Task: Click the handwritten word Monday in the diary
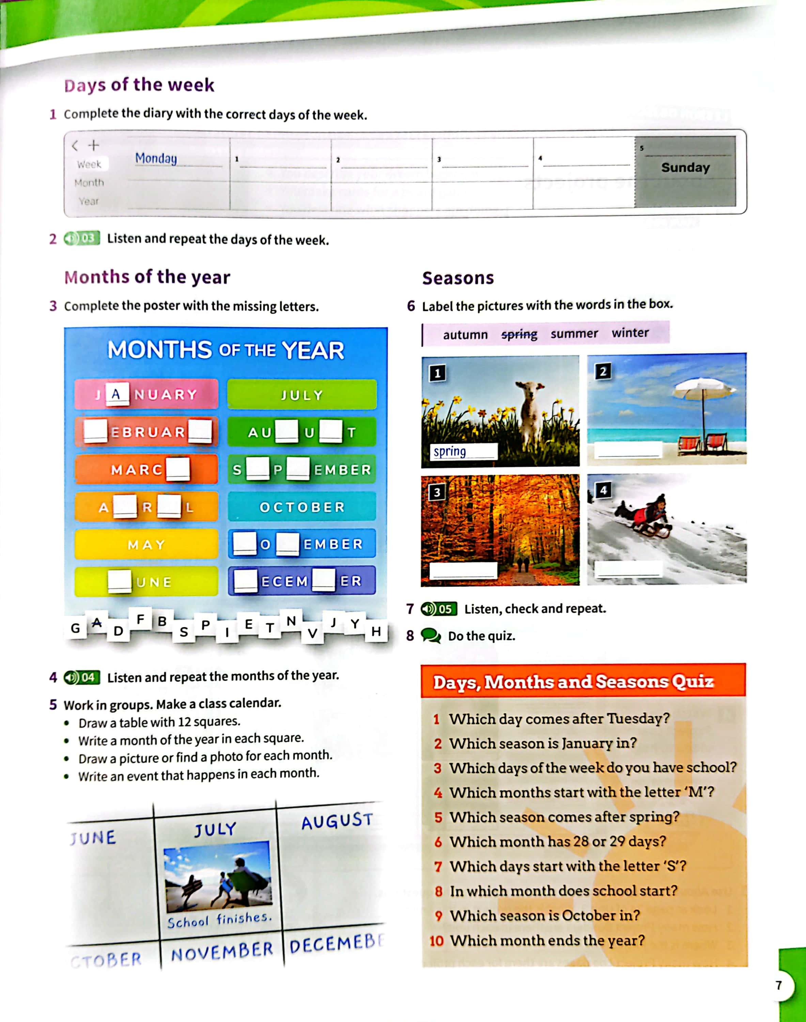pos(156,158)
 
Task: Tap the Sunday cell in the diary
pos(685,168)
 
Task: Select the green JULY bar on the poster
pos(302,394)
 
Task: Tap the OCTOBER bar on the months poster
pos(302,507)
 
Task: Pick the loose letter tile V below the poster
pos(312,633)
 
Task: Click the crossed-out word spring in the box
pos(519,335)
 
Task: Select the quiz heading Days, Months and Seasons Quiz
pos(573,682)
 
